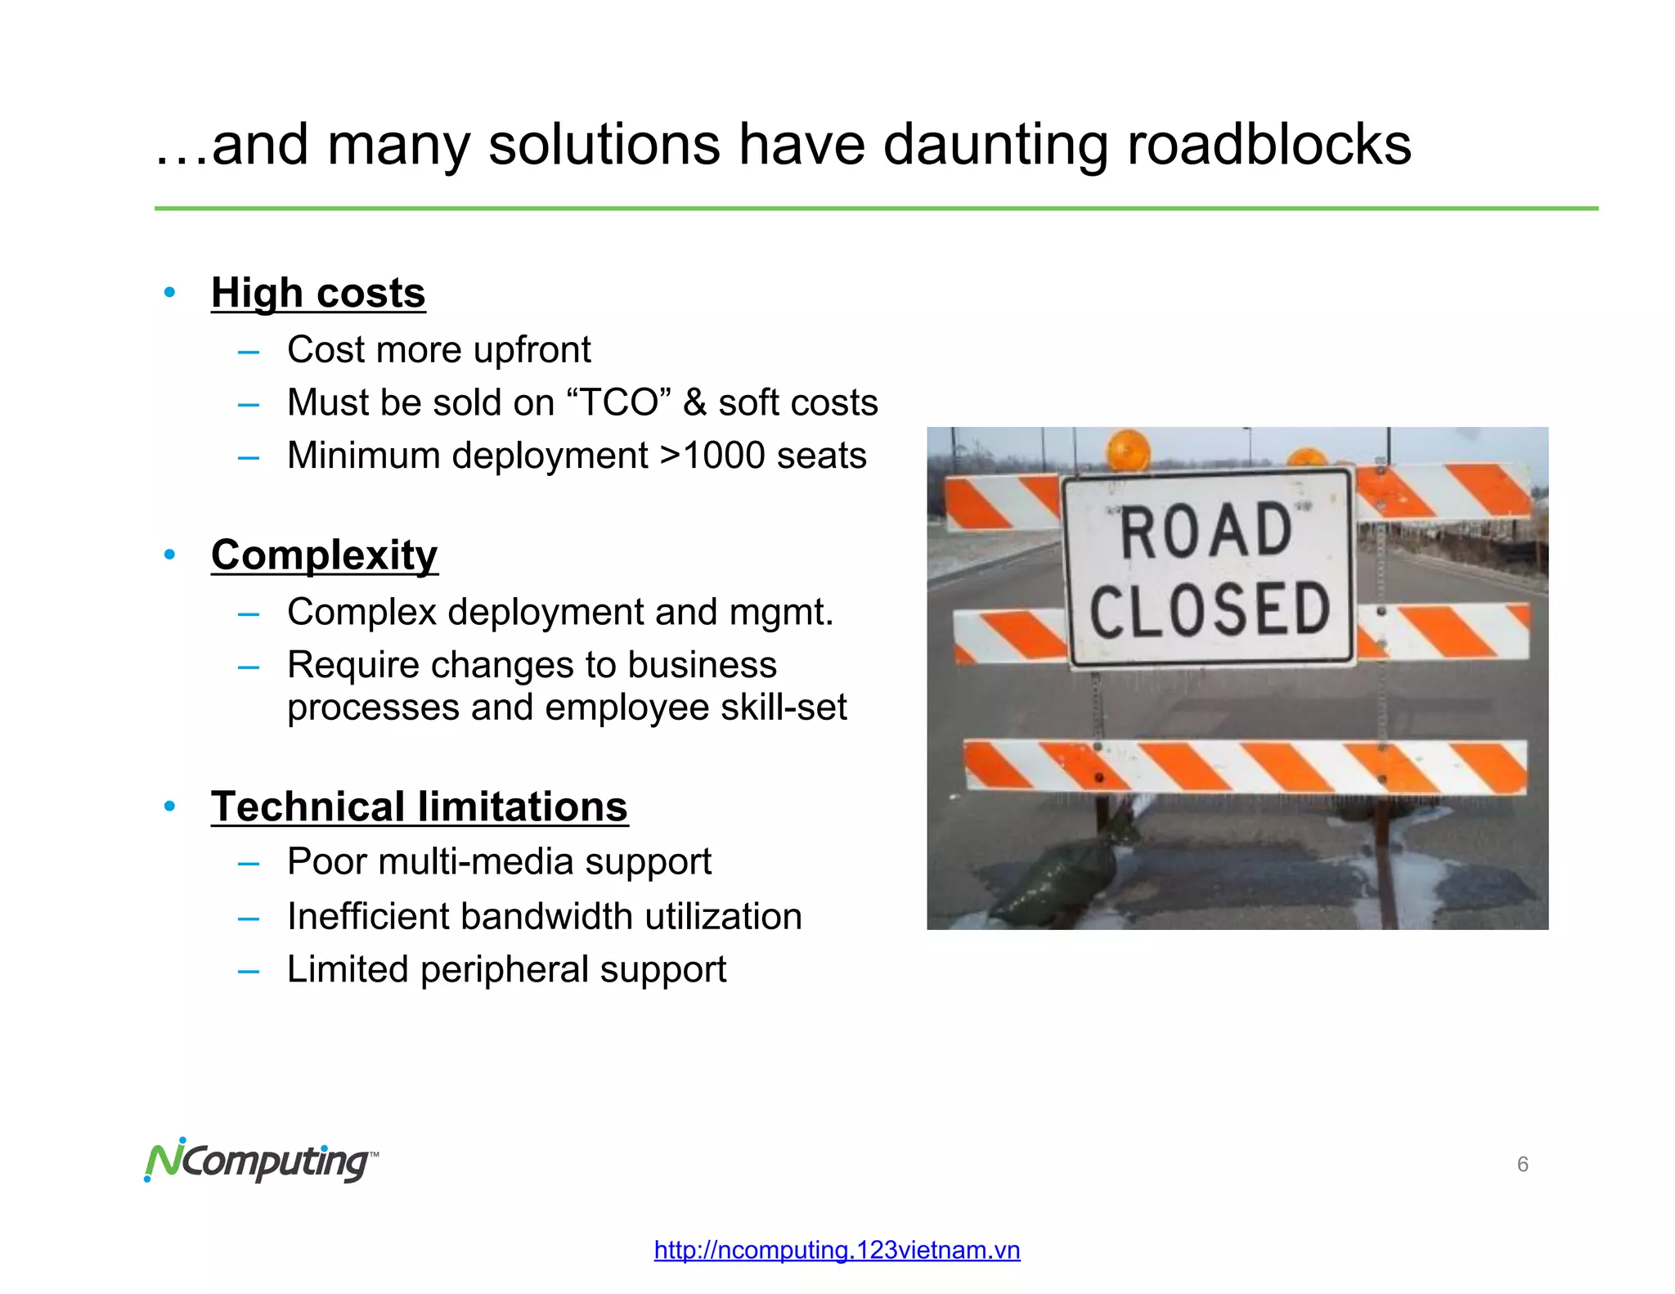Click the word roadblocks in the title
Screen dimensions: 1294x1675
(1269, 145)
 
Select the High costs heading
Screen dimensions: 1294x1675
(318, 293)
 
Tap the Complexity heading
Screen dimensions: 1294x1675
(325, 555)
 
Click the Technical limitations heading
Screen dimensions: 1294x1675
(420, 807)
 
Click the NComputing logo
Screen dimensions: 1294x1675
(261, 1161)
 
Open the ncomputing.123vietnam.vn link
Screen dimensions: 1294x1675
(837, 1250)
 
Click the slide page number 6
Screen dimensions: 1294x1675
(1522, 1164)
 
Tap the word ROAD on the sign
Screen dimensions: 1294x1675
(1206, 532)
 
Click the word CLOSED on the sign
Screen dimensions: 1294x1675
(1210, 610)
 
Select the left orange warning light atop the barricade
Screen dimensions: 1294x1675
(1129, 451)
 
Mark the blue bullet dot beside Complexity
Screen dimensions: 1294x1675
(169, 555)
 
